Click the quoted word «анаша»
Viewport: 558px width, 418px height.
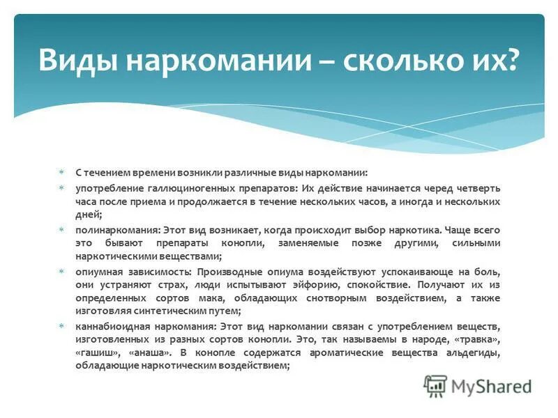click(148, 353)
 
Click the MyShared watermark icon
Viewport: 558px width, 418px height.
click(436, 386)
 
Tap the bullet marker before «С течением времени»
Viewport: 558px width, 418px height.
click(61, 171)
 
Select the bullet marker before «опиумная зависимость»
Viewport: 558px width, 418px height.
click(61, 270)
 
